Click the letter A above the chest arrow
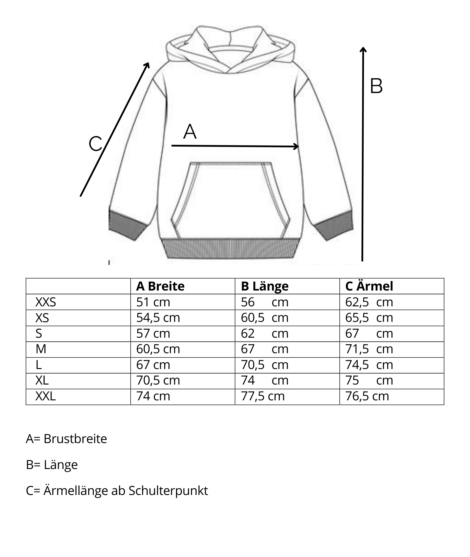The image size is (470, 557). [x=190, y=132]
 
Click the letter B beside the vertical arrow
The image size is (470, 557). [x=376, y=86]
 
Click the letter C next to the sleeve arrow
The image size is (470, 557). [x=95, y=144]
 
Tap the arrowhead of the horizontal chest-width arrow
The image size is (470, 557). [x=296, y=146]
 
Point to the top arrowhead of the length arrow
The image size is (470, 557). [x=363, y=50]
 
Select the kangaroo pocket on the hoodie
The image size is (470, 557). [x=230, y=199]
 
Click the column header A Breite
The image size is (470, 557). [x=160, y=286]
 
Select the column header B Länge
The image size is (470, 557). [x=265, y=286]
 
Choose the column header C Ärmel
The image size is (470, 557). [x=369, y=286]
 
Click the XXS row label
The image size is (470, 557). [x=46, y=302]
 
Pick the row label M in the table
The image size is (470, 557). [x=41, y=349]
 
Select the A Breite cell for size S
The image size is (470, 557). [x=153, y=334]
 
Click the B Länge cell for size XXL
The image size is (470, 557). [x=263, y=396]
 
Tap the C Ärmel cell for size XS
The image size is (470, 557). [x=369, y=318]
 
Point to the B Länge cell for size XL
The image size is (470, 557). [x=265, y=380]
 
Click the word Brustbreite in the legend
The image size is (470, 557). [x=75, y=439]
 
